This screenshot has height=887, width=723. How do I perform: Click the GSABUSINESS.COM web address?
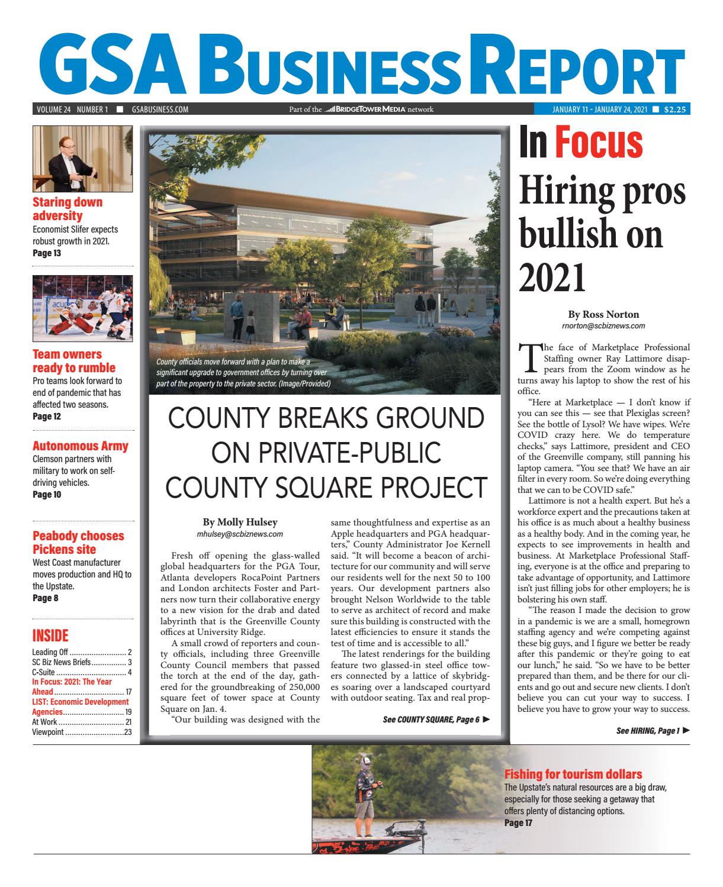click(x=160, y=109)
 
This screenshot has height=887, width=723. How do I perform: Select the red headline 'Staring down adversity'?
click(x=67, y=209)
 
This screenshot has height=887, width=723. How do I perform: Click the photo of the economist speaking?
click(x=82, y=159)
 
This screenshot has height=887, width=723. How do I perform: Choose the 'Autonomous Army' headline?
click(x=80, y=446)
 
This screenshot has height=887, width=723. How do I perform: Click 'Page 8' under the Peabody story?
click(x=45, y=598)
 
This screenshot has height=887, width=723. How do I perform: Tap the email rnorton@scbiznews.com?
click(x=603, y=325)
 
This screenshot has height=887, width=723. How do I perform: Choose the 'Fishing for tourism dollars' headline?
click(x=573, y=774)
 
